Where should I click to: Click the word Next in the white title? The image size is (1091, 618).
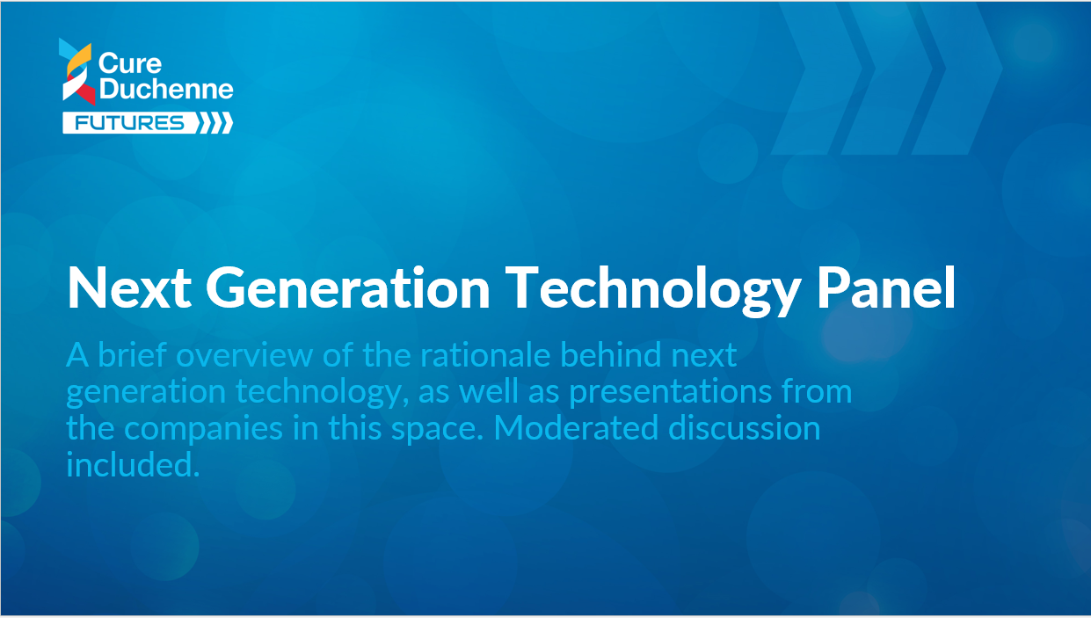(x=129, y=287)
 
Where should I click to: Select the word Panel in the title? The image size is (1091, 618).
(x=886, y=287)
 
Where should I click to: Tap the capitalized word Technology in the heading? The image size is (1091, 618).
(x=652, y=291)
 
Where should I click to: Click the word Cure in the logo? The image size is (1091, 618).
(x=130, y=64)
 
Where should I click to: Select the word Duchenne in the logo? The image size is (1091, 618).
(x=166, y=89)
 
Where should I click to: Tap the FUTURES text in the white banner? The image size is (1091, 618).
(x=129, y=123)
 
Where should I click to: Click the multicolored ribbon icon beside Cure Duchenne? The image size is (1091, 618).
(x=77, y=71)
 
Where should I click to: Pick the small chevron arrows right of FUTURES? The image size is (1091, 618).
(x=215, y=123)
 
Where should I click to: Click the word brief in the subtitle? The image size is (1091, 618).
(x=133, y=354)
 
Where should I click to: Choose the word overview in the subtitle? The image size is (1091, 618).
(x=244, y=354)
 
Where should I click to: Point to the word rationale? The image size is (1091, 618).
(x=485, y=354)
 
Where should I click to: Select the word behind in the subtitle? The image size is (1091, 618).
(x=611, y=354)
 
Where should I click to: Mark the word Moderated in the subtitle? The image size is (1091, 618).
(x=576, y=427)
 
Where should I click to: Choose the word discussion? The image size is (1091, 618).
(x=745, y=427)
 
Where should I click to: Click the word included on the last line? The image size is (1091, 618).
(x=133, y=464)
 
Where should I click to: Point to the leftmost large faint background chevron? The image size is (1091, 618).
(x=817, y=78)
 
